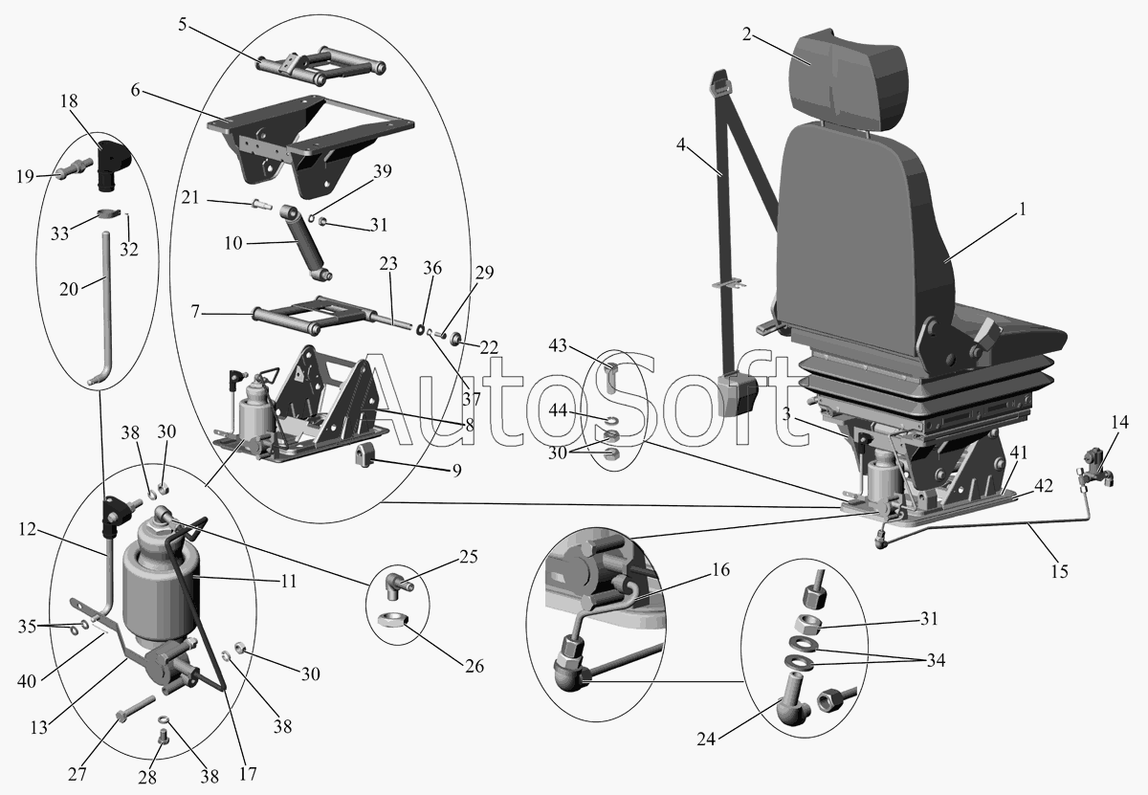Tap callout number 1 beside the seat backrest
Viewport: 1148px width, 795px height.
(x=1023, y=210)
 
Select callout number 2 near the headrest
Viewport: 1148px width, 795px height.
(x=747, y=34)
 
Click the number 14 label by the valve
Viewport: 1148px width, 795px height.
(x=1120, y=422)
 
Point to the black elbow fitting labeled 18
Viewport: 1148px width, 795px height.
(x=113, y=166)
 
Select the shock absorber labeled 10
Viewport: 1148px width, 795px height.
(x=306, y=242)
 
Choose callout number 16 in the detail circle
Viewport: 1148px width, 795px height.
(x=720, y=569)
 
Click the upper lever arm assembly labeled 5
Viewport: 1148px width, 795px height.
(x=320, y=68)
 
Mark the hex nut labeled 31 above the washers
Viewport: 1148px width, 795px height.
(x=806, y=625)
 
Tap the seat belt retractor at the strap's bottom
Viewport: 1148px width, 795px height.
(x=738, y=395)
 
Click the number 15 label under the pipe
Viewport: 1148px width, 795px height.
(x=1059, y=571)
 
